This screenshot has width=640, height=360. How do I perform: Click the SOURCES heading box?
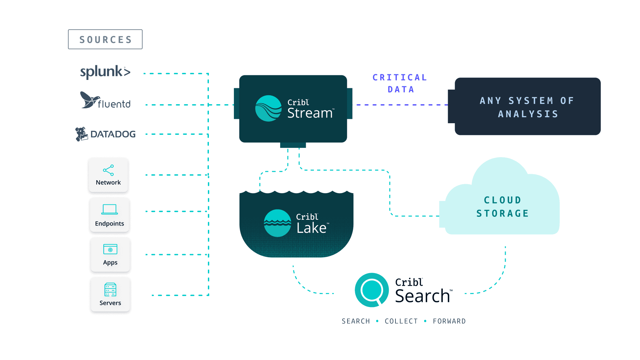pyautogui.click(x=105, y=39)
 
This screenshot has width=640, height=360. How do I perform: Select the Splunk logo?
pyautogui.click(x=105, y=72)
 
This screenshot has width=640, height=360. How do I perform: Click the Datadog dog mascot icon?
pyautogui.click(x=81, y=134)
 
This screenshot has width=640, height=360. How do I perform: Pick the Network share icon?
pyautogui.click(x=108, y=170)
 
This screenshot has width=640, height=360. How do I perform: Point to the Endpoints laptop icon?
pyautogui.click(x=109, y=209)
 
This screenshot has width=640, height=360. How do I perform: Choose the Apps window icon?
pyautogui.click(x=110, y=249)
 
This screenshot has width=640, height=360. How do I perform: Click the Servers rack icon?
pyautogui.click(x=110, y=289)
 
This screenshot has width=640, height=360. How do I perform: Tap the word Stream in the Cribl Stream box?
pyautogui.click(x=310, y=113)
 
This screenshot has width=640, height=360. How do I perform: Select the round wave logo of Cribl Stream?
pyautogui.click(x=269, y=108)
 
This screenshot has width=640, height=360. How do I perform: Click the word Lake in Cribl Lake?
pyautogui.click(x=312, y=228)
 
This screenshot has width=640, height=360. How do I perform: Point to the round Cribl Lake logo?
pyautogui.click(x=278, y=223)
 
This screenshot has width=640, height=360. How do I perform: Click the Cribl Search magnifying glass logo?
pyautogui.click(x=371, y=290)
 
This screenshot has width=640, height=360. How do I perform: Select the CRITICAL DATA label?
pyautogui.click(x=400, y=83)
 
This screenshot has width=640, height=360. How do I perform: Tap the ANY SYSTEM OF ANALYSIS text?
pyautogui.click(x=528, y=107)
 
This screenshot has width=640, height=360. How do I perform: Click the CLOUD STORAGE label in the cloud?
pyautogui.click(x=502, y=206)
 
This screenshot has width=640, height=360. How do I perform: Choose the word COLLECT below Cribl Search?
pyautogui.click(x=401, y=321)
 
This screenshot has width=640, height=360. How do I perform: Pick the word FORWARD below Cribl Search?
pyautogui.click(x=449, y=321)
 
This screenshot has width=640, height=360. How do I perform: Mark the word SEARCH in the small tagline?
pyautogui.click(x=356, y=321)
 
